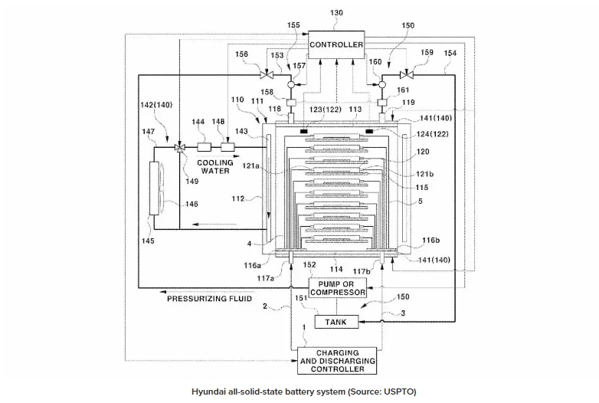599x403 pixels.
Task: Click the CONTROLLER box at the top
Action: (336, 45)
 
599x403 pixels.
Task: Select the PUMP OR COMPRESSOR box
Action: (336, 287)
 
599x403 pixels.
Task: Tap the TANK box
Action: (336, 323)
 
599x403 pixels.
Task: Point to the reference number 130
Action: (337, 13)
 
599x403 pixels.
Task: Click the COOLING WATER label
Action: (215, 166)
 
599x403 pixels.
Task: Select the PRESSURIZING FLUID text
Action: (210, 298)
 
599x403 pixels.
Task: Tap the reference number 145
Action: (148, 241)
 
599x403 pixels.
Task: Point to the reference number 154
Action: (450, 53)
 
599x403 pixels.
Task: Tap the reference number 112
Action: (238, 199)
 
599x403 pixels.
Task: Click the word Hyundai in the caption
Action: (211, 391)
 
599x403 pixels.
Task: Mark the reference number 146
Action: (191, 204)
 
